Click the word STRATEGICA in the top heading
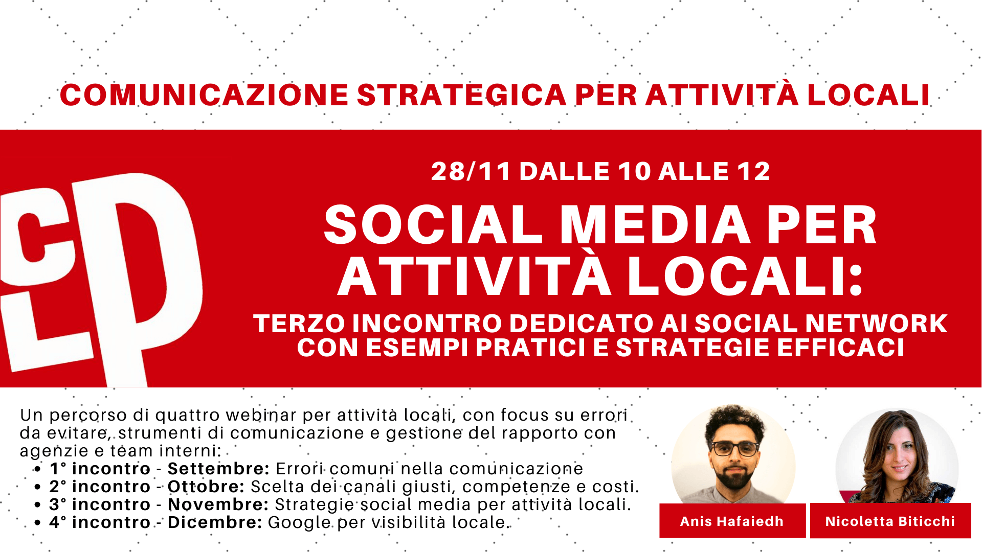pyautogui.click(x=461, y=95)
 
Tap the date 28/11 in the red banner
pyautogui.click(x=471, y=171)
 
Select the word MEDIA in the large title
pyautogui.click(x=655, y=225)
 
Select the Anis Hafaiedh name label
pyautogui.click(x=732, y=521)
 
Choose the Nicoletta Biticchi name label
pyautogui.click(x=890, y=521)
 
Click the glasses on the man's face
pyautogui.click(x=735, y=449)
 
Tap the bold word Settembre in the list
pyautogui.click(x=218, y=469)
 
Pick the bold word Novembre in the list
pyautogui.click(x=218, y=504)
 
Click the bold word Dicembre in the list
pyautogui.click(x=215, y=522)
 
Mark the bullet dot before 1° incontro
pyautogui.click(x=37, y=469)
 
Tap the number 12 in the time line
pyautogui.click(x=753, y=171)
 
